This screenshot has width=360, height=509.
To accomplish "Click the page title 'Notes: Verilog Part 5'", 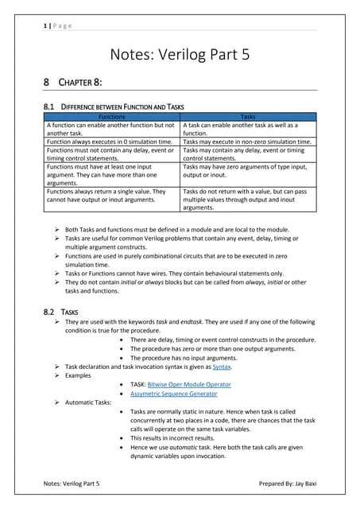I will click(180, 55).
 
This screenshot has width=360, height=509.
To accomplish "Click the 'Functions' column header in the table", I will click(112, 116).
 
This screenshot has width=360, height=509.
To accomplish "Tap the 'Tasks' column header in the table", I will click(248, 116).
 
